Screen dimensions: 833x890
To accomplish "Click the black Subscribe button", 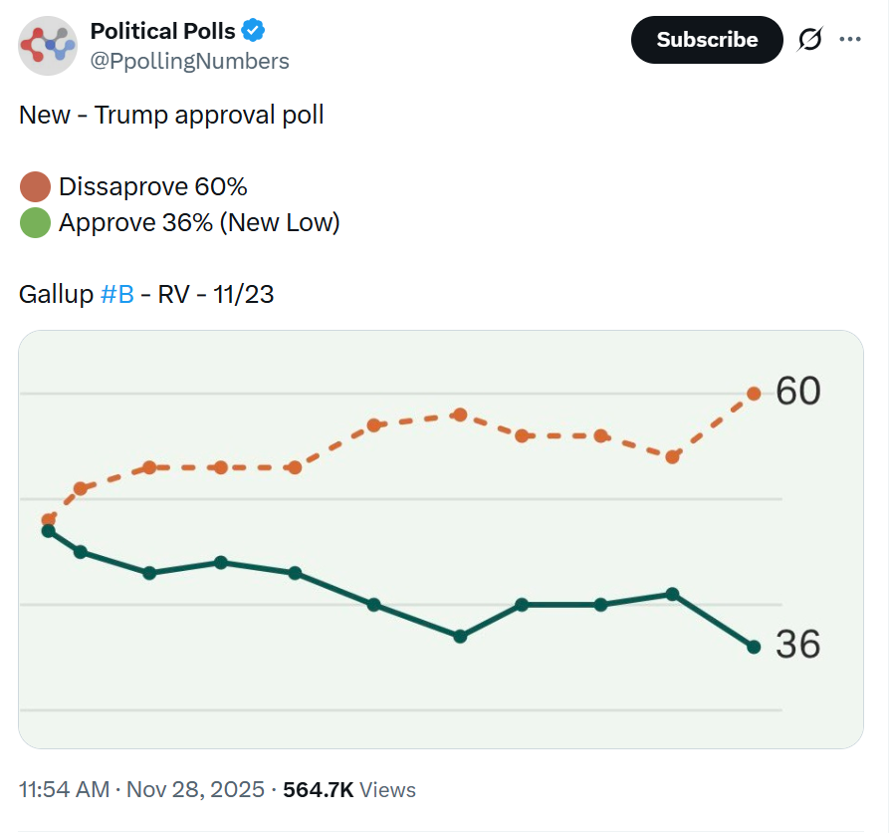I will click(707, 40).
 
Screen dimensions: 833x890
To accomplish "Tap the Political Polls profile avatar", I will click(48, 46).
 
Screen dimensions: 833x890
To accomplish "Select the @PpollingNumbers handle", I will click(189, 61).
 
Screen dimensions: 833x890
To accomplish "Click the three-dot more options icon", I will click(849, 40).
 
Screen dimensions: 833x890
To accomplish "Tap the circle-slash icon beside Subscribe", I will click(810, 40).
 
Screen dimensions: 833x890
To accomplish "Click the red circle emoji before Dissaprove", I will click(35, 187).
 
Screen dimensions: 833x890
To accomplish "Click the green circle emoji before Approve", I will click(35, 222).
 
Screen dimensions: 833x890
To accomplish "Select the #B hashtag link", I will click(117, 295).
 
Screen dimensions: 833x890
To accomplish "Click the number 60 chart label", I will click(798, 392).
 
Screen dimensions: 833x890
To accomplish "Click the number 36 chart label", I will click(798, 645).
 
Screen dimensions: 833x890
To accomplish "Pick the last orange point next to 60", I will click(754, 394).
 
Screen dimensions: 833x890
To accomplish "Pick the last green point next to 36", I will click(754, 647).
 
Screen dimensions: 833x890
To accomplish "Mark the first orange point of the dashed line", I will click(48, 519).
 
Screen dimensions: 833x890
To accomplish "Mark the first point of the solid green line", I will click(48, 531).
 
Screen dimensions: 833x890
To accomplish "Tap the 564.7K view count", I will click(319, 790).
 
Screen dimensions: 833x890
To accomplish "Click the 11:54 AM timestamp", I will click(64, 790).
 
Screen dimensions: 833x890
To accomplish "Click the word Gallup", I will click(56, 295).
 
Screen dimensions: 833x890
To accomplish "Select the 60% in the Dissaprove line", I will click(221, 187).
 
